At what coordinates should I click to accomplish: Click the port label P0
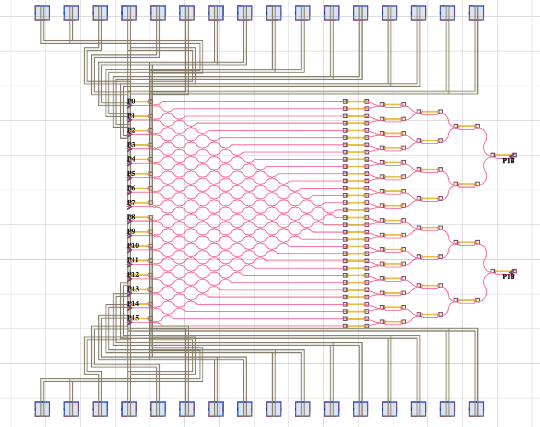click(131, 101)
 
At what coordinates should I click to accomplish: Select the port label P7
click(131, 202)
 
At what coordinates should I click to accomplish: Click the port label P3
click(131, 144)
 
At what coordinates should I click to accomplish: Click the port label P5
click(131, 174)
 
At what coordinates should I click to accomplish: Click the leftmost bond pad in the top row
click(42, 13)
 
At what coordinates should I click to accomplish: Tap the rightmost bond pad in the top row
click(476, 13)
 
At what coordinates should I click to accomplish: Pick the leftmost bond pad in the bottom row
click(42, 409)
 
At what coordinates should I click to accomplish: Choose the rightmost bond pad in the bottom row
click(476, 409)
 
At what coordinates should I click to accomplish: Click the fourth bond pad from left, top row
click(129, 13)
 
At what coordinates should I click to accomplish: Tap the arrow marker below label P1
click(129, 120)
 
